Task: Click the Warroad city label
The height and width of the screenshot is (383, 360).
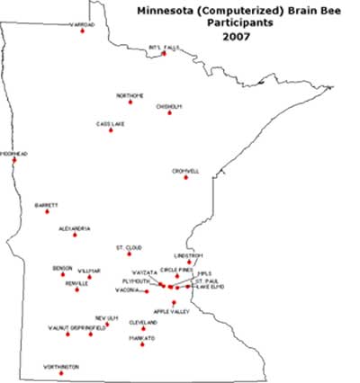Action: point(82,24)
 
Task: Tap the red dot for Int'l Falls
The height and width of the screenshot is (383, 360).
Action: point(164,54)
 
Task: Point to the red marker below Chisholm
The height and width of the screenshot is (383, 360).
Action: point(169,112)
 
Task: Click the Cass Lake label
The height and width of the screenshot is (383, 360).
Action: point(110,123)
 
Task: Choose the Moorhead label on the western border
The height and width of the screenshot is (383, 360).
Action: point(13,154)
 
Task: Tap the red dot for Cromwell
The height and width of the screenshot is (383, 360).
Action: point(186,177)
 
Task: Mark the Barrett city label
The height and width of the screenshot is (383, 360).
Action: point(46,204)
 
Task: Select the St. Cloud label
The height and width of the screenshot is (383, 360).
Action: point(129,246)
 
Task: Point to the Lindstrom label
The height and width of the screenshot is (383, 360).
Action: point(189,255)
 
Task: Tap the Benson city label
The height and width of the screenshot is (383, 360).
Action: point(62,268)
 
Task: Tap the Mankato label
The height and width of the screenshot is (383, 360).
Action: point(141,338)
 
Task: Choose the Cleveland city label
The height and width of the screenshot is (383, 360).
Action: point(143,322)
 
